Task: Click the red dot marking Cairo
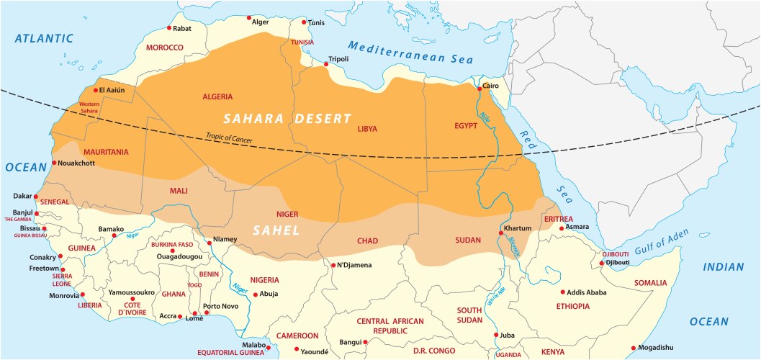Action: (479, 89)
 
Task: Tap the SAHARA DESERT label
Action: (287, 118)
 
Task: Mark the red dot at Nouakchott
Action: (53, 163)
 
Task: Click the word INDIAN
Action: (724, 267)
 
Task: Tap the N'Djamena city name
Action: (355, 265)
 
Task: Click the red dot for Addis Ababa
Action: (562, 292)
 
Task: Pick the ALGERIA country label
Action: (217, 96)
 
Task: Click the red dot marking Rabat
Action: (169, 28)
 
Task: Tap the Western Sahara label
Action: (89, 107)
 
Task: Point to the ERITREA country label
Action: (559, 219)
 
